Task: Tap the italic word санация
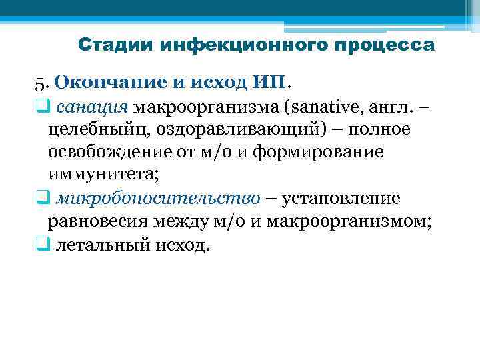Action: click(x=91, y=105)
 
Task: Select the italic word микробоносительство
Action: click(x=159, y=198)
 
